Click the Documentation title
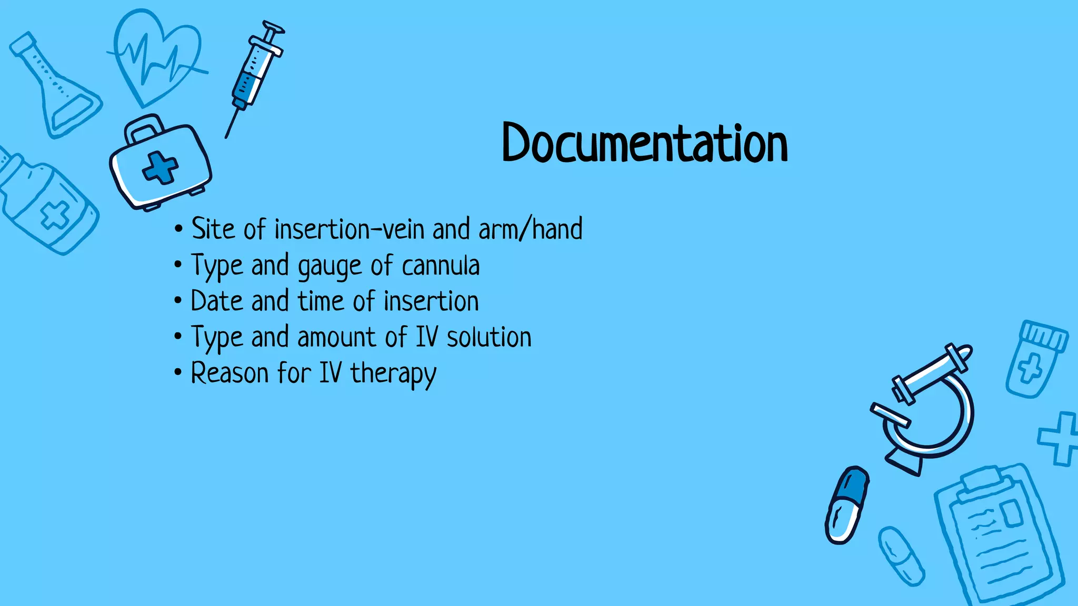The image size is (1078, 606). [x=645, y=143]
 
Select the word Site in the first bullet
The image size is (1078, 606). [x=213, y=229]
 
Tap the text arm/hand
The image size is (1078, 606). [x=531, y=229]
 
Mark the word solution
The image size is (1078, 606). [x=489, y=337]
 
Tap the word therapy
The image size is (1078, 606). [x=393, y=374]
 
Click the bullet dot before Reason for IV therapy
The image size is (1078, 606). [x=178, y=372]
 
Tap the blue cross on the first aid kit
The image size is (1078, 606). [x=160, y=168]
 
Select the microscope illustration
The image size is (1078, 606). [x=926, y=410]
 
